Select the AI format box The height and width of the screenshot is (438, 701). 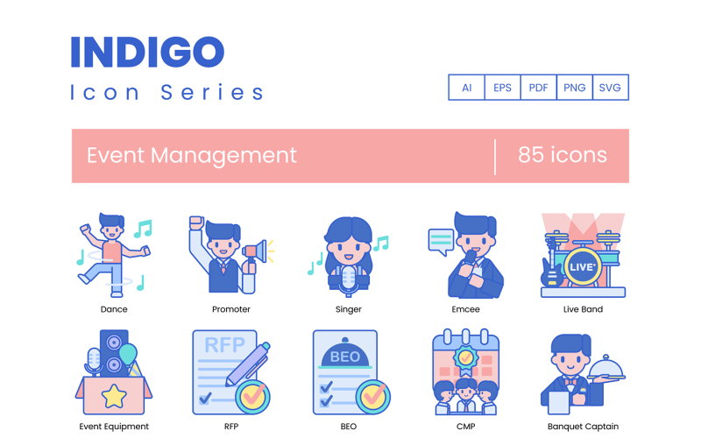(467, 88)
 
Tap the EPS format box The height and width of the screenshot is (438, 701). (503, 88)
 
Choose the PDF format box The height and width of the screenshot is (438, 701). (539, 88)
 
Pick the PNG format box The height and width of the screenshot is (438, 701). (575, 88)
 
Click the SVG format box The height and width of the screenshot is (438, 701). (610, 88)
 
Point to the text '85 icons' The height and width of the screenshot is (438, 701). (563, 155)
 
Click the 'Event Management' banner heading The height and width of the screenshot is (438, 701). (192, 155)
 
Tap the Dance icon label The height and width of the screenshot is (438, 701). (114, 309)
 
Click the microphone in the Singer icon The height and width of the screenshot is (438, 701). (350, 279)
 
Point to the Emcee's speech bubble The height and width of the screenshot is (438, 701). (441, 240)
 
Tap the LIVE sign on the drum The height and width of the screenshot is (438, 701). (583, 265)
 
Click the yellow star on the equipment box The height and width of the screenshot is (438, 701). (113, 397)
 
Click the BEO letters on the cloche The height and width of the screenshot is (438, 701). (345, 357)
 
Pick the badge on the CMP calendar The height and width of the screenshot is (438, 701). (466, 362)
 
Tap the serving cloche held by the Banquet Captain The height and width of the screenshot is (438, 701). (606, 367)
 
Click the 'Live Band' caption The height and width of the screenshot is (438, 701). (583, 309)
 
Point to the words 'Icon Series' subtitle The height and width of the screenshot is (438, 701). (166, 92)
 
